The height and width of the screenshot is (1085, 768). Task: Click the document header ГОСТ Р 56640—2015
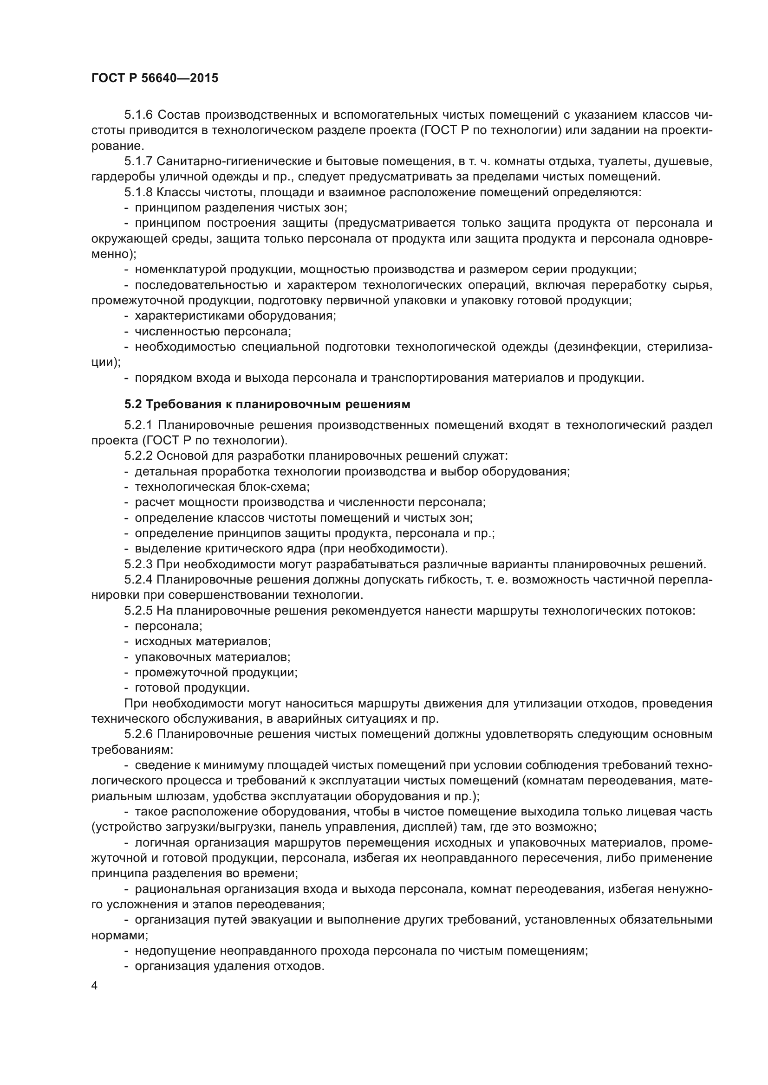click(x=155, y=78)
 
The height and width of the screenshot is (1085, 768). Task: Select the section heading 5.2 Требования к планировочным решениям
click(x=267, y=404)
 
